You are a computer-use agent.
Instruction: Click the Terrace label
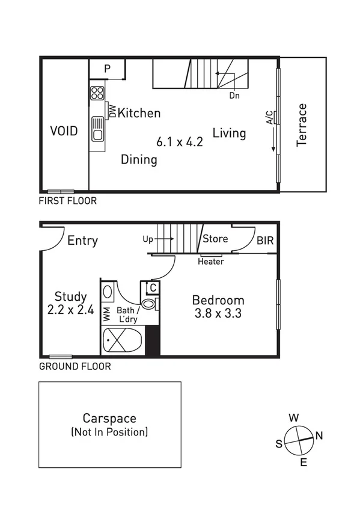click(x=302, y=125)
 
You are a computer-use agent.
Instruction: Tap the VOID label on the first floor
click(x=64, y=131)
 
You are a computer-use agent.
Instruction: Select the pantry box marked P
click(x=107, y=69)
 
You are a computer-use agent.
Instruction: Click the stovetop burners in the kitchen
click(x=97, y=93)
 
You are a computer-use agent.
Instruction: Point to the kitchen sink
click(x=97, y=127)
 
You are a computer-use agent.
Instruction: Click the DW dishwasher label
click(x=112, y=111)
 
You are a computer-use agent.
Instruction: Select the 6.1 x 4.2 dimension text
click(x=180, y=143)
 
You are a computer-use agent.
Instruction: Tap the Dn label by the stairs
click(x=234, y=96)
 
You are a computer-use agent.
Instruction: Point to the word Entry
click(x=82, y=241)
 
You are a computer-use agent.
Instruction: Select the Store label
click(x=215, y=239)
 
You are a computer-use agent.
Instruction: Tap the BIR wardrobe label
click(x=265, y=241)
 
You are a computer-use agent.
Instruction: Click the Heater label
click(x=211, y=261)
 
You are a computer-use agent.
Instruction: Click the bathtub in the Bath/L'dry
click(x=123, y=342)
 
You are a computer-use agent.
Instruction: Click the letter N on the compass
click(x=319, y=435)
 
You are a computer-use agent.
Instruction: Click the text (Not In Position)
click(x=109, y=432)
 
